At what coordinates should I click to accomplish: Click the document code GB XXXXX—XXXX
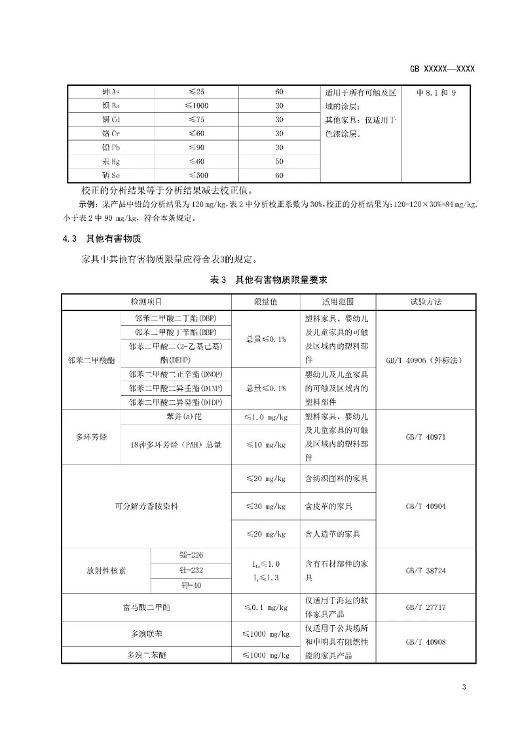442,69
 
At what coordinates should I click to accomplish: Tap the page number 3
463,687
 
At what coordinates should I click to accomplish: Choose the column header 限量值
266,302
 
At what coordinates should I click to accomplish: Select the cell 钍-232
191,570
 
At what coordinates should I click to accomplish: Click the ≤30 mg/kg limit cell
266,506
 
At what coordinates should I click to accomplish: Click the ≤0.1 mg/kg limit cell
266,607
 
